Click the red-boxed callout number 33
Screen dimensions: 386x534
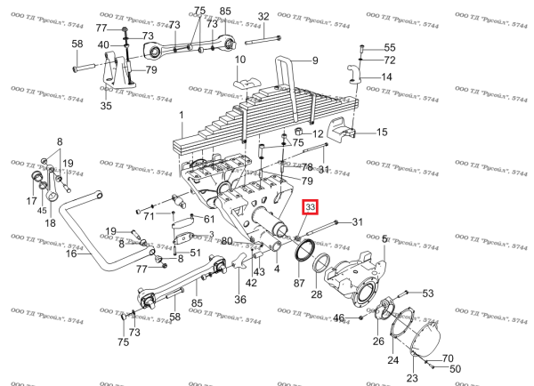(x=311, y=207)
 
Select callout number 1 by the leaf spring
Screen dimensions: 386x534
(x=181, y=115)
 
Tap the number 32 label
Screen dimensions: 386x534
(x=263, y=17)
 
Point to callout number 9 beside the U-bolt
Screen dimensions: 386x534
(x=313, y=60)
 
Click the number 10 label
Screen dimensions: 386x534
(x=240, y=60)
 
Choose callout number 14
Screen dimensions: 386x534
(x=387, y=76)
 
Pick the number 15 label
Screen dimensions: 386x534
(x=383, y=133)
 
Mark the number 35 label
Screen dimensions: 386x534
(x=106, y=107)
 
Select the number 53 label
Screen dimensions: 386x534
(x=427, y=293)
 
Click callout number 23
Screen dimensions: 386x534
(x=411, y=378)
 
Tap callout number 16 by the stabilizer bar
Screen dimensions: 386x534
(x=71, y=253)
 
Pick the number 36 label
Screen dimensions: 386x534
(x=239, y=300)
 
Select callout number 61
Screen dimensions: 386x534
(x=209, y=220)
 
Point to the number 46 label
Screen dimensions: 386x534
(x=338, y=318)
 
